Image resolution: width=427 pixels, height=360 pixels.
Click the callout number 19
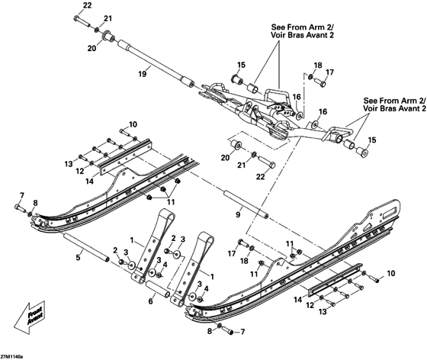(x=143, y=74)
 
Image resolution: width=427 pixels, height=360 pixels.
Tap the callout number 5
(x=76, y=258)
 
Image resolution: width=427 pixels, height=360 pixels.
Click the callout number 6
(x=150, y=302)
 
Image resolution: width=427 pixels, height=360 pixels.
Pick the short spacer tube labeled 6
(x=156, y=289)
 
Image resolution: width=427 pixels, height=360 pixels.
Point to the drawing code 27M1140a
(x=12, y=355)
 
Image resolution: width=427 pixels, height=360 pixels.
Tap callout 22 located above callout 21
(x=86, y=5)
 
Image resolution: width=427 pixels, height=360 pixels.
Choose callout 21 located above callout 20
(x=108, y=18)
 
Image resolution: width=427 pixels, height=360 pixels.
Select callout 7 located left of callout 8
(x=21, y=195)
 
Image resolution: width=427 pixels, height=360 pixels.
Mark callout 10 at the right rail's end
(x=392, y=272)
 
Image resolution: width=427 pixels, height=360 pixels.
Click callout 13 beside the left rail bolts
(x=68, y=164)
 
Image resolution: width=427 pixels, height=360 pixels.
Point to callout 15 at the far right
(x=373, y=140)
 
